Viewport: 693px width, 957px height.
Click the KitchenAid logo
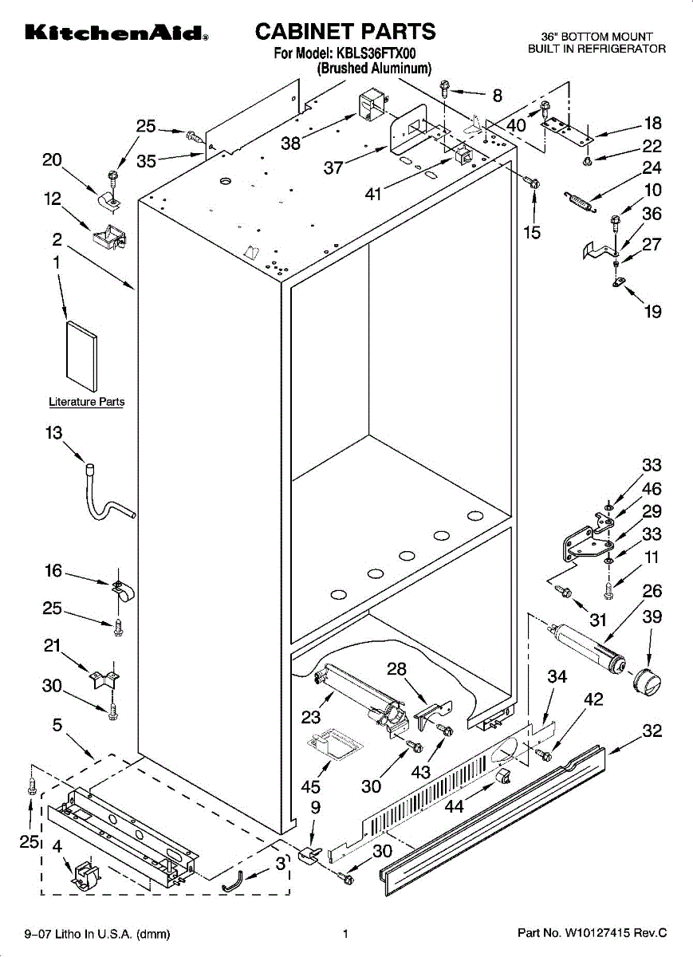click(116, 33)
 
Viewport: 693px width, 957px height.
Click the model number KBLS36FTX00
click(376, 53)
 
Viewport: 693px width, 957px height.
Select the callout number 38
click(290, 144)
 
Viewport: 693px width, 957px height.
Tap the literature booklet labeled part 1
click(81, 356)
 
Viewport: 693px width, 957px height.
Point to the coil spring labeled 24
click(579, 202)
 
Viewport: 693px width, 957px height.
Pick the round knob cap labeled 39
click(648, 683)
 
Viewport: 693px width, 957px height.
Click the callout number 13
click(54, 433)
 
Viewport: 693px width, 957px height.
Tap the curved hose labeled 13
click(110, 494)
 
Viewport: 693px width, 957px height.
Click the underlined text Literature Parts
click(87, 402)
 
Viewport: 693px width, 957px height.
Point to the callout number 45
click(310, 786)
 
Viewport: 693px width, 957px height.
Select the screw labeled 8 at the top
click(445, 89)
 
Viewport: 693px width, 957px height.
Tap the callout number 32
click(652, 731)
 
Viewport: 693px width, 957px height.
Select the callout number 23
click(310, 717)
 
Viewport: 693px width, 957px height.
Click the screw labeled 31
click(564, 591)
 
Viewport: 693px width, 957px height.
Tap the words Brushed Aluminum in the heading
click(374, 69)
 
